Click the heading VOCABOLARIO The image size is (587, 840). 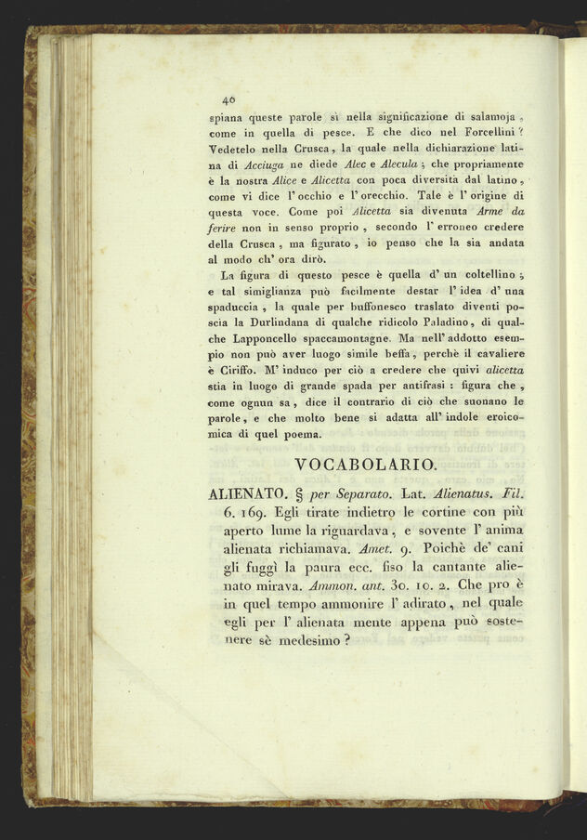pyautogui.click(x=364, y=464)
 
